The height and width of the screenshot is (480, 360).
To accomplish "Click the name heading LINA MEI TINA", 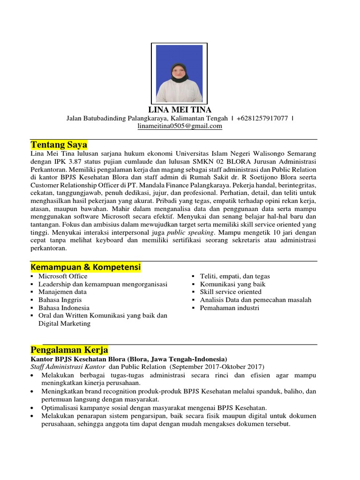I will (x=180, y=110).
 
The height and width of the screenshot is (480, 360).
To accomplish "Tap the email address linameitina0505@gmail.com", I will (x=180, y=126).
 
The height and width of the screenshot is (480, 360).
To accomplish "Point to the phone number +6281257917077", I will (x=262, y=118).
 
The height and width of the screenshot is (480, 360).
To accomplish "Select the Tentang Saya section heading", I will (x=59, y=144).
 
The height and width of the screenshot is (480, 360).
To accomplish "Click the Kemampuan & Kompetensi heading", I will (x=85, y=267).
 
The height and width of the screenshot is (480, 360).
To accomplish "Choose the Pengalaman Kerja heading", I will (x=69, y=350).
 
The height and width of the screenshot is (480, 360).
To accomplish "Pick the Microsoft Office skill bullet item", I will (x=63, y=276).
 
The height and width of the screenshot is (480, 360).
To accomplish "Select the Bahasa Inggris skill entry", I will (x=60, y=300).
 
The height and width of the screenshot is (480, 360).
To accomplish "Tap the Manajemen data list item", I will (x=62, y=292).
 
